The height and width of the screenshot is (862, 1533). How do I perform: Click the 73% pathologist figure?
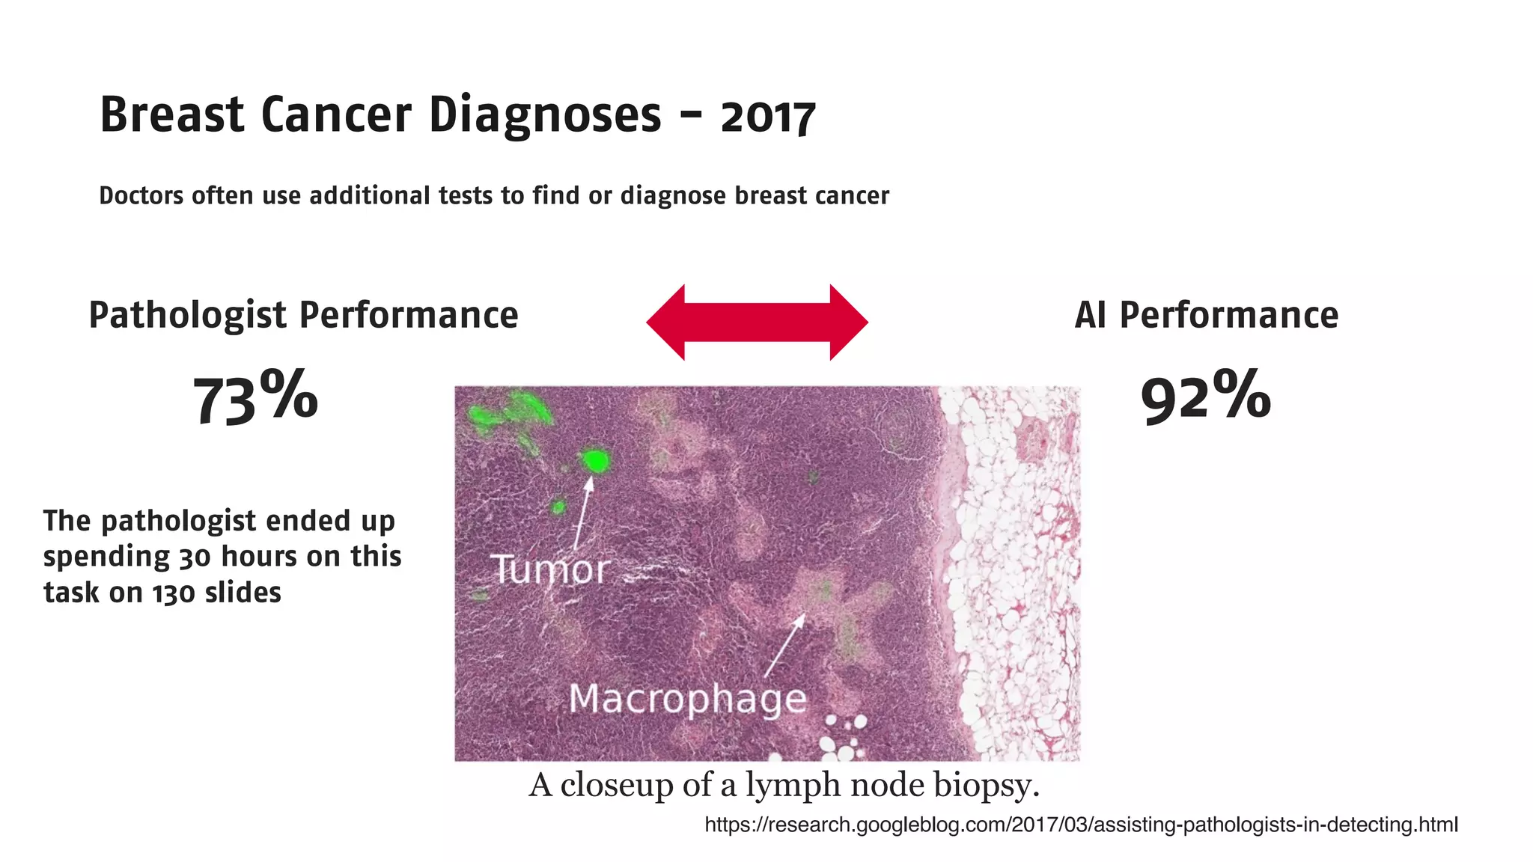pyautogui.click(x=255, y=397)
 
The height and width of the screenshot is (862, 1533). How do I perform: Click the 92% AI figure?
pyautogui.click(x=1205, y=397)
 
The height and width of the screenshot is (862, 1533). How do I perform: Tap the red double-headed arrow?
pyautogui.click(x=757, y=322)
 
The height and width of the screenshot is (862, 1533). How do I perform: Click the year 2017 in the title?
pyautogui.click(x=767, y=117)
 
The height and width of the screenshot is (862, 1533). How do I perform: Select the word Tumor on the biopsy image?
pyautogui.click(x=550, y=570)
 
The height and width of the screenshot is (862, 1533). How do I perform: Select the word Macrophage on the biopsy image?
pyautogui.click(x=687, y=699)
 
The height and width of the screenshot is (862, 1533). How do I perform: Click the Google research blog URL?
pyautogui.click(x=1081, y=825)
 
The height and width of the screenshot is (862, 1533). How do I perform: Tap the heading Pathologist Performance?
pyautogui.click(x=303, y=315)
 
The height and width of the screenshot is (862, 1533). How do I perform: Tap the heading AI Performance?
pyautogui.click(x=1206, y=315)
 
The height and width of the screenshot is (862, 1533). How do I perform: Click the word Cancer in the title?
pyautogui.click(x=336, y=115)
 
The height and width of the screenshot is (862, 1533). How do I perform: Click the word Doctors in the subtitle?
pyautogui.click(x=141, y=195)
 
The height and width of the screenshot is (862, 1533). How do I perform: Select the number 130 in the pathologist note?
pyautogui.click(x=174, y=593)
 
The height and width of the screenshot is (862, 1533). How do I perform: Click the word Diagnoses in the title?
pyautogui.click(x=544, y=115)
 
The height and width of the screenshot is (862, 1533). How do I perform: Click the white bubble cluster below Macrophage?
pyautogui.click(x=842, y=737)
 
